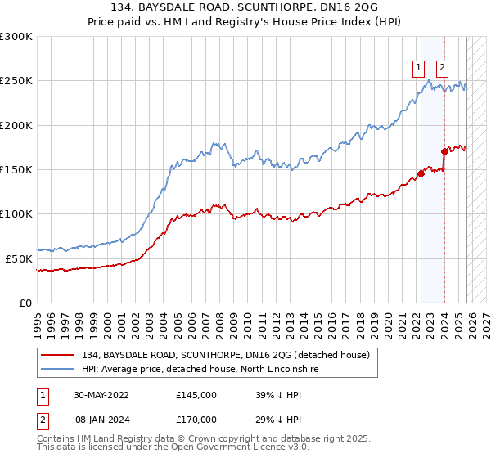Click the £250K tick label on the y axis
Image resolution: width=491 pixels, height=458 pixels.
(16, 81)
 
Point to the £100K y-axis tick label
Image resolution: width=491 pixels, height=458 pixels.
(16, 214)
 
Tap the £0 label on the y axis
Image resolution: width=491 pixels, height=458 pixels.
(26, 303)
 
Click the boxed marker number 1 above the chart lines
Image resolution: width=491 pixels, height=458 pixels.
(419, 68)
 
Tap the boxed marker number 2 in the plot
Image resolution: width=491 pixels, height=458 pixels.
(442, 68)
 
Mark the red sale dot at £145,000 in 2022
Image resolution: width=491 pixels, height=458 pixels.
(421, 173)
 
